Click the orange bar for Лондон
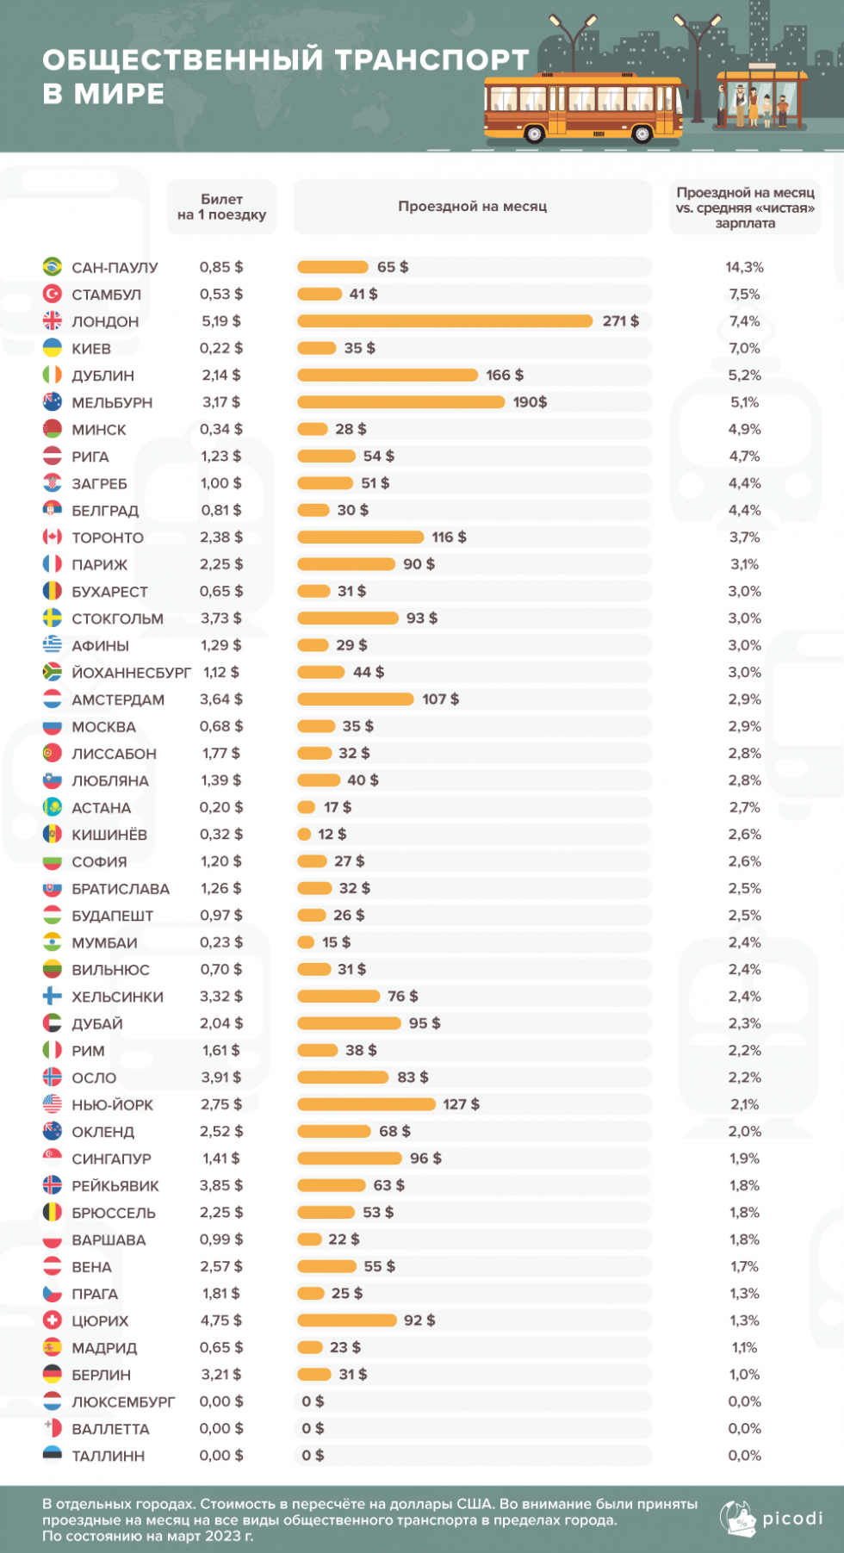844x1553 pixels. [444, 321]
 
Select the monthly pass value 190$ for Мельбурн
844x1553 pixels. [530, 402]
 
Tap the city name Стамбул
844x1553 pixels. [106, 295]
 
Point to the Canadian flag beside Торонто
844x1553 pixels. [53, 537]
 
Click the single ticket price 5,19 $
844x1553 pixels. [221, 321]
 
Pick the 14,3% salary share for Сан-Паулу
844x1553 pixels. [744, 267]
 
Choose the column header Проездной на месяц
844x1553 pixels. [472, 207]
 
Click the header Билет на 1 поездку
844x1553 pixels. [221, 207]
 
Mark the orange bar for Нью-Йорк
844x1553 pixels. [366, 1104]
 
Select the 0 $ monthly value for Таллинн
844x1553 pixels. [313, 1456]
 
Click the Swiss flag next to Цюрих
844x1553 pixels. [53, 1320]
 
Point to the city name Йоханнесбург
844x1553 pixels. [131, 673]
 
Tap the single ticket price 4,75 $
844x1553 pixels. [221, 1320]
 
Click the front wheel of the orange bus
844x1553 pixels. [642, 134]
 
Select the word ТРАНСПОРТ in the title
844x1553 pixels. [431, 59]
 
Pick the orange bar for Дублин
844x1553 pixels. [387, 375]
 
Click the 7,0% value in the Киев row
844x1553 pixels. [744, 348]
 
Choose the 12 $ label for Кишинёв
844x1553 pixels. [332, 834]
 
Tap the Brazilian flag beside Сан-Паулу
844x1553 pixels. [53, 266]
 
